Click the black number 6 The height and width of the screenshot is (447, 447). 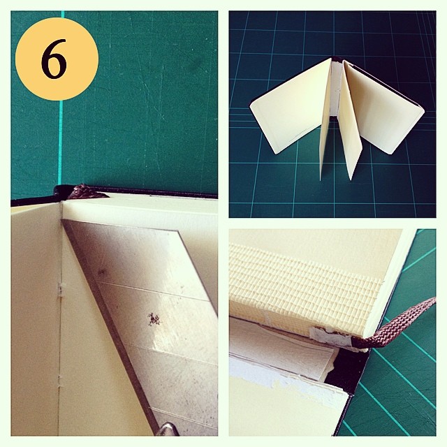(54, 59)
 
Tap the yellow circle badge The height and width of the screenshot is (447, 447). (57, 59)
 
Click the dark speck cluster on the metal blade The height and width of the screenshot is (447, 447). (154, 319)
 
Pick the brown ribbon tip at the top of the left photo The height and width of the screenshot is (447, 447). (85, 191)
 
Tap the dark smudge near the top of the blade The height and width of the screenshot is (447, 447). (101, 272)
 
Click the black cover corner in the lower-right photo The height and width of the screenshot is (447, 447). (346, 371)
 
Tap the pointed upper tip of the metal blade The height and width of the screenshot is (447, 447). (63, 220)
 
